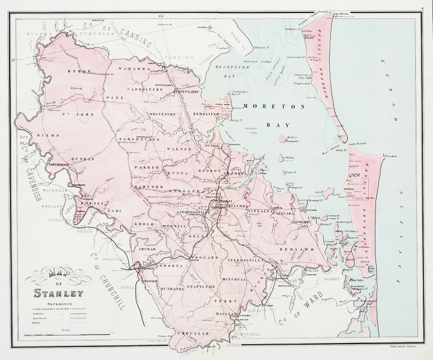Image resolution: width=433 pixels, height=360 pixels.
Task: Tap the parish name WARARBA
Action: tap(131, 70)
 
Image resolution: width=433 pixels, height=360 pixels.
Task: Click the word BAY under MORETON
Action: tap(270, 123)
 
